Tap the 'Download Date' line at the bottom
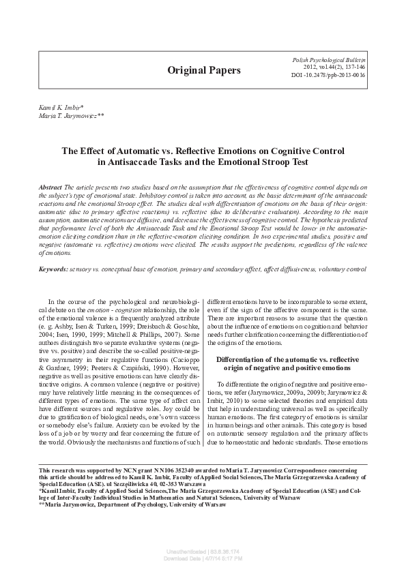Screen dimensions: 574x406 point(203,557)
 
